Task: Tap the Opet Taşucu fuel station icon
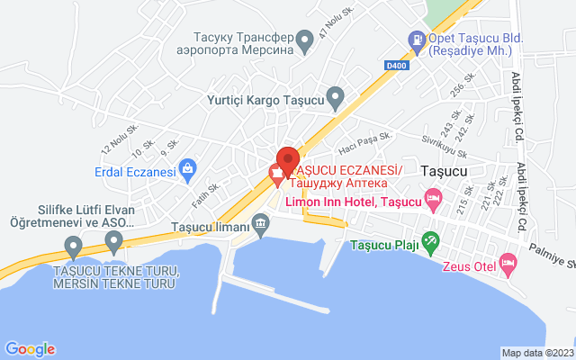pos(417,39)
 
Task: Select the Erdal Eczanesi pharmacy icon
pos(187,166)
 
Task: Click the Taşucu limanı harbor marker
pos(260,221)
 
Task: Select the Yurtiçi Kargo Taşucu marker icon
pos(336,95)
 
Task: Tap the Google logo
pos(30,349)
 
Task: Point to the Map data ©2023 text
pos(536,353)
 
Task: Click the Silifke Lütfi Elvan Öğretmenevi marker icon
pos(113,240)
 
